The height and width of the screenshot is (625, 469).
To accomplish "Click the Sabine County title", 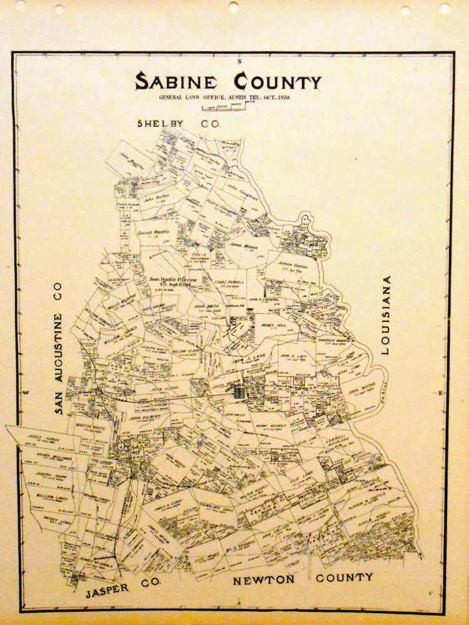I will tap(228, 81).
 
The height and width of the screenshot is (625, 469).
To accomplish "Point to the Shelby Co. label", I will tap(179, 124).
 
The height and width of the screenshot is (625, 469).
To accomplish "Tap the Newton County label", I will tap(303, 578).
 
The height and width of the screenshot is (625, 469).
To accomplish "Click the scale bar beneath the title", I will tap(223, 106).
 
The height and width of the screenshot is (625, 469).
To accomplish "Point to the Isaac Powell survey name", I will tap(229, 282).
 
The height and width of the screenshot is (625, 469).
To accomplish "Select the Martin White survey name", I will tap(88, 426).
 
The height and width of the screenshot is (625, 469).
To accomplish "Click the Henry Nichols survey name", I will tap(270, 426).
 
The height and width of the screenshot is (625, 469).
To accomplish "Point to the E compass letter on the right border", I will tap(440, 393).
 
